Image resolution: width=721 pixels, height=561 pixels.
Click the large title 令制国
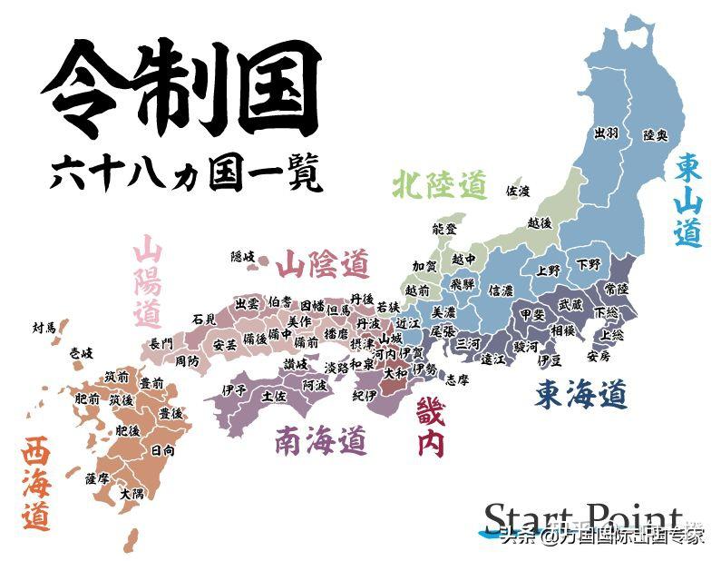[x=181, y=88]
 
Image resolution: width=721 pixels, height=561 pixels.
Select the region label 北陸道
[x=440, y=185]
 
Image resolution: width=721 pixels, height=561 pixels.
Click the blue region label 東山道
[x=688, y=200]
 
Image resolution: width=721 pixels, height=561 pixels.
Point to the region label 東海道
[x=580, y=393]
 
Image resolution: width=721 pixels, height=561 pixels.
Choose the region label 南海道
[x=322, y=441]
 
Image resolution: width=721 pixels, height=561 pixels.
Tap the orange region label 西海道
[x=36, y=484]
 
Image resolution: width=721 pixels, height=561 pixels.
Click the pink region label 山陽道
[x=147, y=280]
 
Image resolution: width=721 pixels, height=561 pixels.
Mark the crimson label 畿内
[x=431, y=428]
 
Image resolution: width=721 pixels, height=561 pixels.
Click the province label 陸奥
[x=655, y=135]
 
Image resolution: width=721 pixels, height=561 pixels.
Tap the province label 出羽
[x=606, y=133]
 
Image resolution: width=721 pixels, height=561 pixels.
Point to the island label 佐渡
[x=518, y=191]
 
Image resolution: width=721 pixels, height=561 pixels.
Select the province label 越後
[x=539, y=222]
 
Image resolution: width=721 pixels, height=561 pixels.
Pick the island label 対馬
[x=44, y=327]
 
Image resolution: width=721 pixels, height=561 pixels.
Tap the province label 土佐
[x=273, y=396]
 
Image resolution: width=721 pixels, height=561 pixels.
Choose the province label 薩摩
[x=96, y=477]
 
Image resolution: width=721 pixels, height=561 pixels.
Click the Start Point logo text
[x=581, y=518]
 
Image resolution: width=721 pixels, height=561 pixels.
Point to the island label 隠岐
[x=243, y=257]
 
